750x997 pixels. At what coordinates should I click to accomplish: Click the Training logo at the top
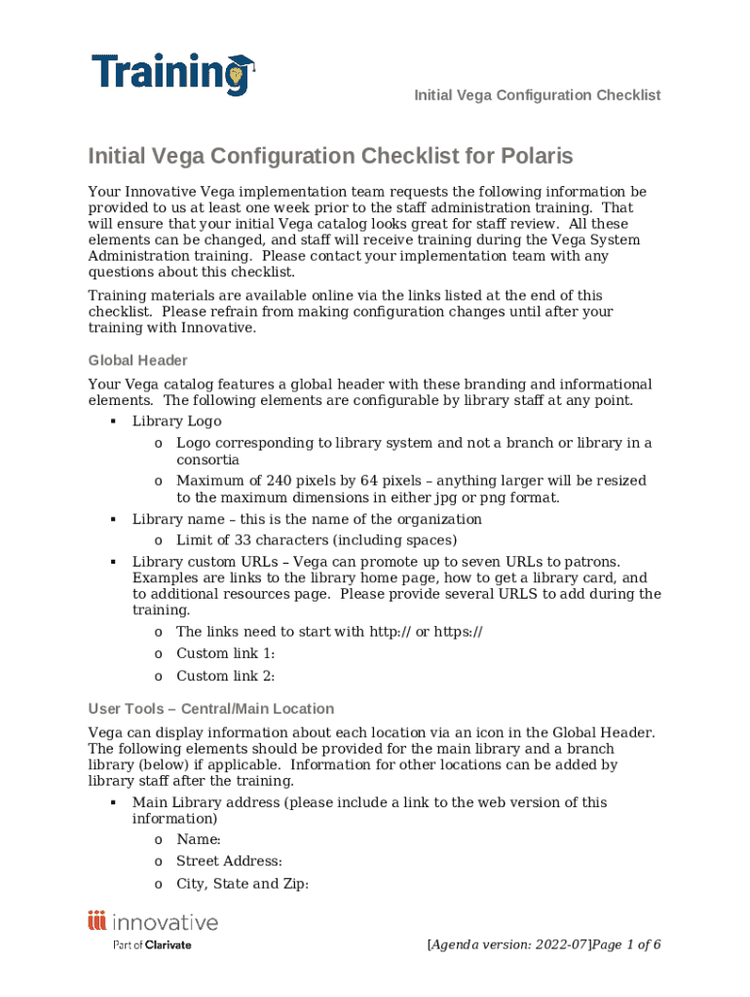coord(171,74)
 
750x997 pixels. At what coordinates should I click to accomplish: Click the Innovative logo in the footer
coord(153,922)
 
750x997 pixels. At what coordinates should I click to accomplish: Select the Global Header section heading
coord(137,360)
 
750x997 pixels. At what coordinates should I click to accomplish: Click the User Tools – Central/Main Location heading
coord(210,709)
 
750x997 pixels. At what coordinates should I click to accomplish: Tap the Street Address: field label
coord(229,862)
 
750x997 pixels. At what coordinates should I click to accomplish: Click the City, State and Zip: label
coord(243,884)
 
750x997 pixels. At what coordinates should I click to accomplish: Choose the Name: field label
coord(199,839)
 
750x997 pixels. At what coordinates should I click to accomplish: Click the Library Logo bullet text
coord(176,422)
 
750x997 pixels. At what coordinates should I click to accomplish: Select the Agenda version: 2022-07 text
coord(509,944)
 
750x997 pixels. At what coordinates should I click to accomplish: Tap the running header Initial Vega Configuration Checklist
coord(537,95)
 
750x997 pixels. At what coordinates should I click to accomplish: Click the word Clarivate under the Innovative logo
coord(168,944)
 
